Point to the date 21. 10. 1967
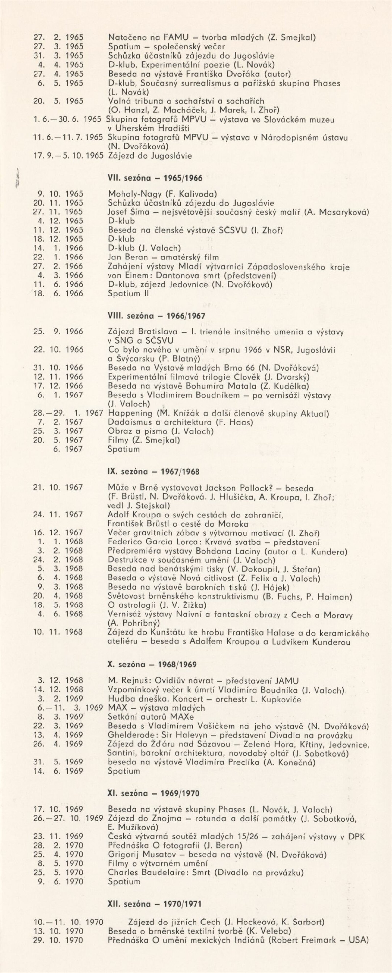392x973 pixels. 59,488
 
